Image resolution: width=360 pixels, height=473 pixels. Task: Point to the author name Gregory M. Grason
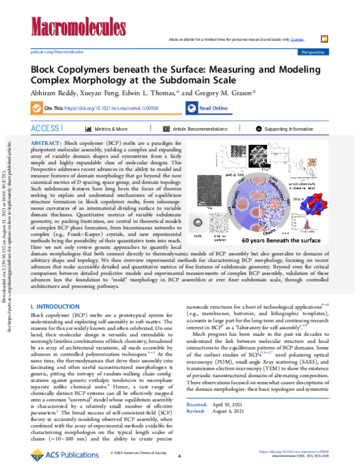pyautogui.click(x=220, y=93)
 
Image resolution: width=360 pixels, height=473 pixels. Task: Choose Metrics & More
pyautogui.click(x=106, y=129)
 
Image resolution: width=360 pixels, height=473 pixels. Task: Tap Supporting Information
pyautogui.click(x=284, y=129)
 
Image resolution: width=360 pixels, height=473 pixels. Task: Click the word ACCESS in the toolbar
pyautogui.click(x=45, y=129)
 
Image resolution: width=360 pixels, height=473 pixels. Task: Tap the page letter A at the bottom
pyautogui.click(x=179, y=457)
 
